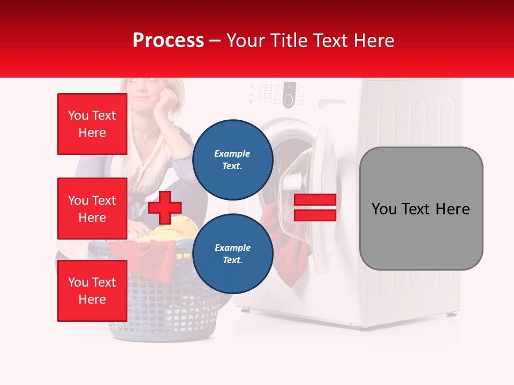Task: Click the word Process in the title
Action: [168, 41]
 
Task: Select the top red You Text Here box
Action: [92, 124]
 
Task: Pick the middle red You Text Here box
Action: [92, 209]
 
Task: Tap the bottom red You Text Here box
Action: [92, 290]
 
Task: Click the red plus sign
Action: [165, 207]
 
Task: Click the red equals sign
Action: [315, 207]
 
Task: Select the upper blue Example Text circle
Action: [232, 159]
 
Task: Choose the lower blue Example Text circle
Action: [232, 253]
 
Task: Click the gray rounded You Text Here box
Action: [421, 209]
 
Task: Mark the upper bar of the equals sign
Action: [315, 200]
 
